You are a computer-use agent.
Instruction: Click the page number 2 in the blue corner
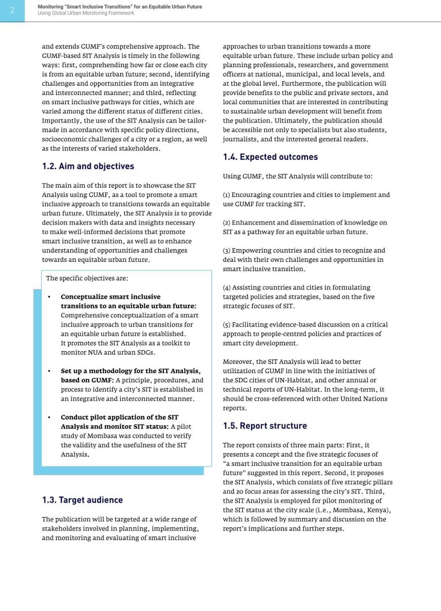pos(12,10)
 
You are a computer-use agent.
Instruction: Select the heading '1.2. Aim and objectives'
pos(88,166)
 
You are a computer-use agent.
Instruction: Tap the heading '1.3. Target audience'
pos(82,500)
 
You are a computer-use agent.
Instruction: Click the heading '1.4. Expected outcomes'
pos(270,157)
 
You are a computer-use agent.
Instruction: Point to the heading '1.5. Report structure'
pos(265,426)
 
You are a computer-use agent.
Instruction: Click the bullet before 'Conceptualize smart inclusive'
pos(49,297)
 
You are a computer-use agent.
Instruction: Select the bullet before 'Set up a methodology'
pos(49,371)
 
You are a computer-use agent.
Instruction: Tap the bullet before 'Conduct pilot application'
pos(49,417)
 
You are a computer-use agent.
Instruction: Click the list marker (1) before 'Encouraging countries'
pos(226,195)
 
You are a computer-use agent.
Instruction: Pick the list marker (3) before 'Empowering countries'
pos(226,251)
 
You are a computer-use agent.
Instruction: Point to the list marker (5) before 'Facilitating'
pos(226,325)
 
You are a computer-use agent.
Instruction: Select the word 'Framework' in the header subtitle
pos(121,13)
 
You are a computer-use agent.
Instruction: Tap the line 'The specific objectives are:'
pos(87,278)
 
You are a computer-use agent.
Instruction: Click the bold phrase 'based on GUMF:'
pos(87,380)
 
